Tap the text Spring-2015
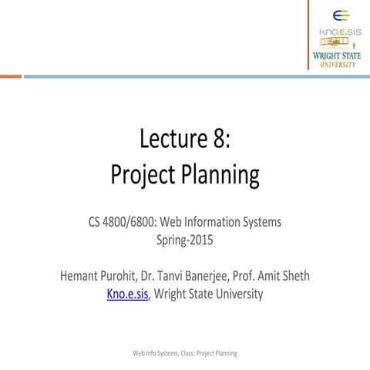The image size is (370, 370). (184, 240)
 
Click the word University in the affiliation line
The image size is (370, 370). (235, 293)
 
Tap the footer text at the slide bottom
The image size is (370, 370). (184, 352)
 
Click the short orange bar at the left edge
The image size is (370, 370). (10, 76)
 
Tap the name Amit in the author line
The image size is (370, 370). (266, 275)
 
